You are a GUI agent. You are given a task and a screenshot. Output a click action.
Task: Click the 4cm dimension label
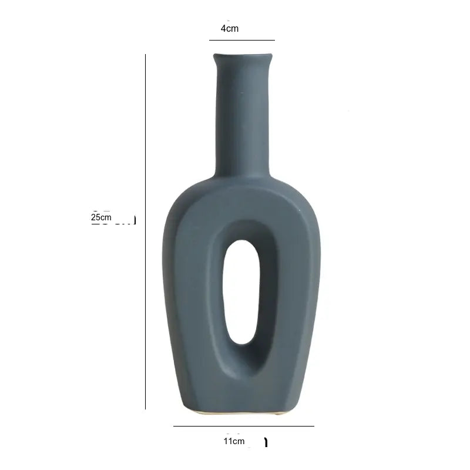pos(230,28)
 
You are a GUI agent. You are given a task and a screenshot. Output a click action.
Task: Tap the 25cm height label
pos(101,217)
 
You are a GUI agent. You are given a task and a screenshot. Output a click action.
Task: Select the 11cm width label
pos(234,441)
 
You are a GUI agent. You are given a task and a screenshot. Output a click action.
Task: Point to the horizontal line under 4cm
pos(242,40)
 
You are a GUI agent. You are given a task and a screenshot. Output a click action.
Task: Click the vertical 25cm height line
pos(145,231)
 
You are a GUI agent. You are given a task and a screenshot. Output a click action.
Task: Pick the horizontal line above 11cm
pos(244,426)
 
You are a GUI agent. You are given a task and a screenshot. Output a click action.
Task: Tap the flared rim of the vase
pos(243,57)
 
